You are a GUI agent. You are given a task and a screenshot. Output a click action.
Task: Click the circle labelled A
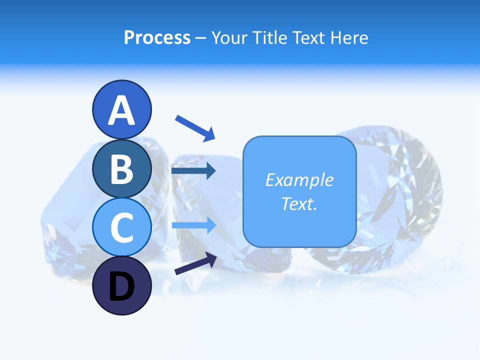pos(121,110)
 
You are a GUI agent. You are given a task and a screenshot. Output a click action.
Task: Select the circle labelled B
pos(121,169)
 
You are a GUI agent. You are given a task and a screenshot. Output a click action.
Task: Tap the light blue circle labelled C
pos(121,227)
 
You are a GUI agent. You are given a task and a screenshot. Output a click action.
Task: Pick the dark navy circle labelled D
pos(121,286)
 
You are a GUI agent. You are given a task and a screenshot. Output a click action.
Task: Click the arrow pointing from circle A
pos(195,128)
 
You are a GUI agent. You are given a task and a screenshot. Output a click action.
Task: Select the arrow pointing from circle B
pos(193,171)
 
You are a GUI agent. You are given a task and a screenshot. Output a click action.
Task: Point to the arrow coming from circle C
pos(194,225)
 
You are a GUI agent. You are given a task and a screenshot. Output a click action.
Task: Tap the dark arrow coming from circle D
pos(195,263)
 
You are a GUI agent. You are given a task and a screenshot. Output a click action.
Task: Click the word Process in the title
pos(157,38)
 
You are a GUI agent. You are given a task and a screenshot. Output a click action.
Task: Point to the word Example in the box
pos(299,180)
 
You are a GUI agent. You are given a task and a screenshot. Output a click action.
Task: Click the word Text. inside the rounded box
pos(299,204)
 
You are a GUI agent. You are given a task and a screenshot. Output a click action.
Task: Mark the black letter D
pos(121,287)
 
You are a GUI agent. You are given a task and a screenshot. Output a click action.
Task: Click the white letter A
pos(121,110)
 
